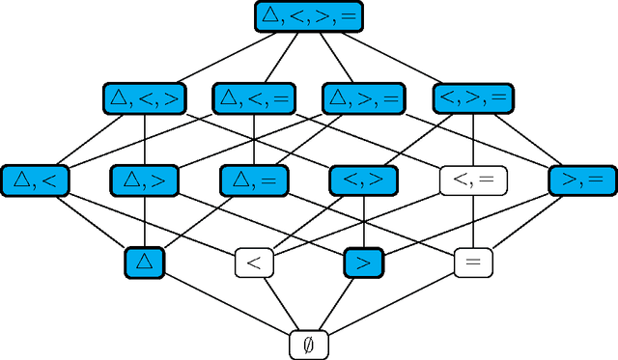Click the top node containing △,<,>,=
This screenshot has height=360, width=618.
coord(309,15)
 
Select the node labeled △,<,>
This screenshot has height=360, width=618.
coord(144,97)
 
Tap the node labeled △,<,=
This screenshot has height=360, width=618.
coord(254,97)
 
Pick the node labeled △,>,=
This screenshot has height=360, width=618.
coord(363,97)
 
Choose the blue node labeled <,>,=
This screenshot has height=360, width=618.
coord(473,97)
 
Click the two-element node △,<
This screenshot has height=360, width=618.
coord(35,180)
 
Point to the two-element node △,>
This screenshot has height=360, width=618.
coord(145,180)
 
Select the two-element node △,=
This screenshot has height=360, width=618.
coord(254,180)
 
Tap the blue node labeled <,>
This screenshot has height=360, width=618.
coord(363,180)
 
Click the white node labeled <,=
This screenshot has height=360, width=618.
coord(473,180)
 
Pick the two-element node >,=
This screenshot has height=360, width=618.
coord(582,180)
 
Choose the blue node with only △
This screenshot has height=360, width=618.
coord(145,262)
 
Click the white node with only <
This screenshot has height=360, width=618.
coord(254,262)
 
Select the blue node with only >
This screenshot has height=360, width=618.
coord(363,262)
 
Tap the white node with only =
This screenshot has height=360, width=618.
coord(473,262)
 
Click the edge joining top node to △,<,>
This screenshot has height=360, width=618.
coord(226,57)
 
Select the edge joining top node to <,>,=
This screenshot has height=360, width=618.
coord(391,57)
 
